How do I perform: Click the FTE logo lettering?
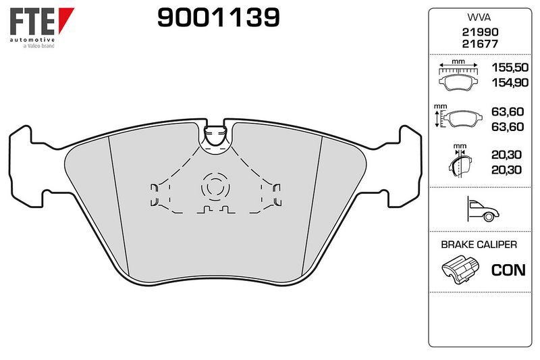[32, 22]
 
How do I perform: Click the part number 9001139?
[218, 18]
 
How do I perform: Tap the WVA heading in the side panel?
[479, 18]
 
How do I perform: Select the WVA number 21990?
[480, 32]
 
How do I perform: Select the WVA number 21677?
[480, 44]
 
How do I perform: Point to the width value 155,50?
[510, 68]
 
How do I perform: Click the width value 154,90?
[510, 82]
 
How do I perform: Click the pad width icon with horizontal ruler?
[458, 75]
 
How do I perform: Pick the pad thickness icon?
[460, 161]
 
